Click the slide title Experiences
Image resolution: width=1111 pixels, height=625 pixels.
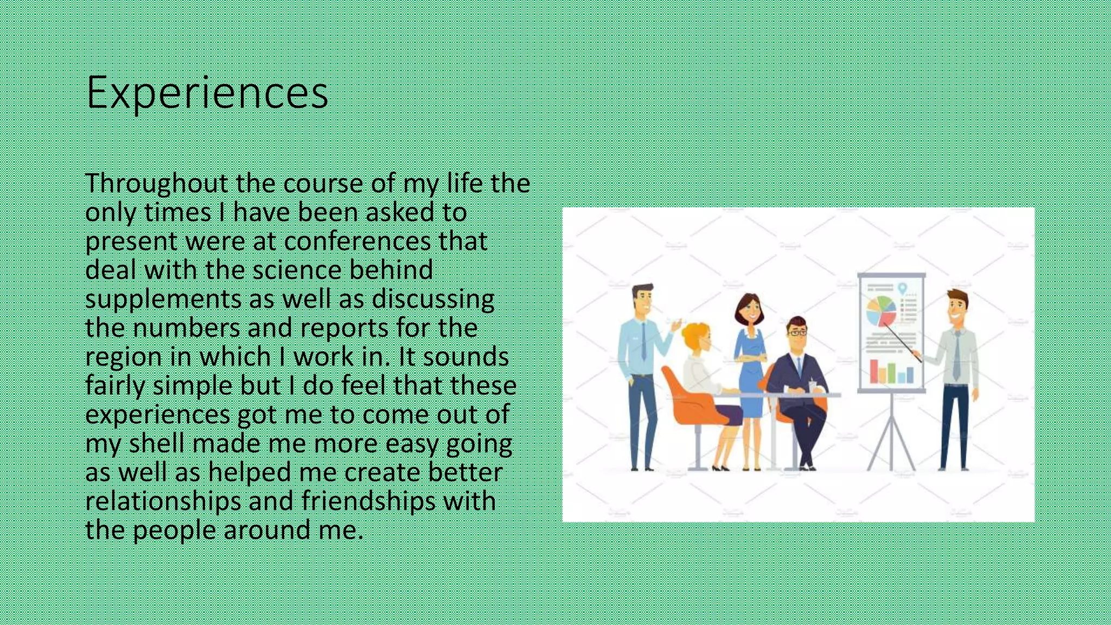[207, 92]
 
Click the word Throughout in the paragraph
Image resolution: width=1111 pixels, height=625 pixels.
[156, 183]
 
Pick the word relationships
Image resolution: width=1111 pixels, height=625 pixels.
[163, 501]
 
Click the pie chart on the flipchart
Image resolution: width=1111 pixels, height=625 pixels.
[880, 310]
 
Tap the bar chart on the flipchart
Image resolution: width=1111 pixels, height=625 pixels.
[891, 372]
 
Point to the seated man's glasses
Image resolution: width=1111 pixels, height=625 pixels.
[796, 333]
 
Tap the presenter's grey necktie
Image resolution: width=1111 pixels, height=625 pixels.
[956, 356]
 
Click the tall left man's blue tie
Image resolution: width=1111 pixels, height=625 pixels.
[643, 342]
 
